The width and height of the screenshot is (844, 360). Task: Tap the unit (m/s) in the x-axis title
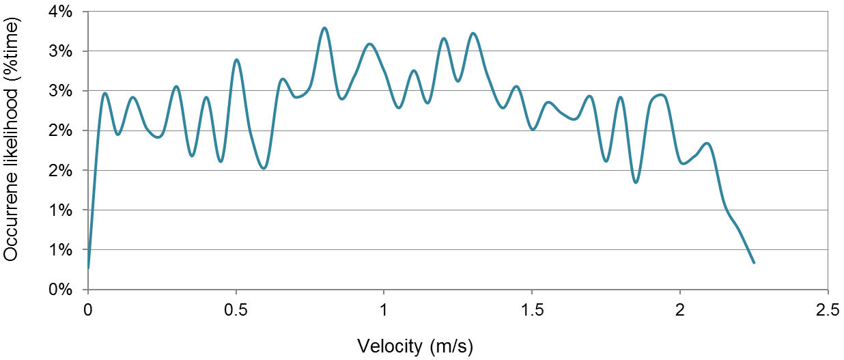point(451,346)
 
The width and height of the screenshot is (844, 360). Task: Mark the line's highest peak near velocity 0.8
point(324,28)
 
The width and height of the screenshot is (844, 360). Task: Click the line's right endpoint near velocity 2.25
point(753,262)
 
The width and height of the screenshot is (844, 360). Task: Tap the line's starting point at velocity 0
point(88,268)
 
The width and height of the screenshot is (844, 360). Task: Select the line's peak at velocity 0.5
point(236,60)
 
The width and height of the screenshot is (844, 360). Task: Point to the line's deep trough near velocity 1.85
point(636,182)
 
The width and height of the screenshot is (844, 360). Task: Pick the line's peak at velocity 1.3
point(473,33)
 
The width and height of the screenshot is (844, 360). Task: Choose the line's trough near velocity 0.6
point(264,168)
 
